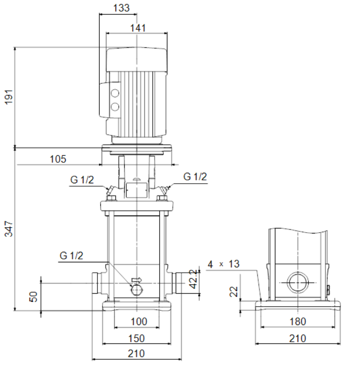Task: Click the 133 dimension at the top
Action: click(x=121, y=8)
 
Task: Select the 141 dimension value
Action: click(x=138, y=28)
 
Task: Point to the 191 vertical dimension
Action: click(x=9, y=97)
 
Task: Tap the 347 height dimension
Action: click(x=9, y=229)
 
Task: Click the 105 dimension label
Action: click(x=58, y=159)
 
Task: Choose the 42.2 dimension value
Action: click(x=193, y=279)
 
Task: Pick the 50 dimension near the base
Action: click(x=33, y=297)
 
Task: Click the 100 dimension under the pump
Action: click(x=139, y=321)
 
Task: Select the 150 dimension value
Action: click(x=136, y=338)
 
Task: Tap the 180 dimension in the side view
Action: click(x=298, y=321)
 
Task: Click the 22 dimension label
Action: click(x=234, y=292)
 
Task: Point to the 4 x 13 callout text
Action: click(x=224, y=264)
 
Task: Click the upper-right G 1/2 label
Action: click(x=195, y=177)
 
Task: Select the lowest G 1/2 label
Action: click(x=71, y=256)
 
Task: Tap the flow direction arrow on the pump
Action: click(x=137, y=280)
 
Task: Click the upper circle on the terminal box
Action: click(x=115, y=93)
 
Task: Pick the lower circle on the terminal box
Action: click(x=115, y=107)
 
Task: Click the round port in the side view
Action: click(x=298, y=283)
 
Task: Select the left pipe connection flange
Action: click(x=95, y=283)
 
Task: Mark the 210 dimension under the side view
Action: click(x=298, y=338)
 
